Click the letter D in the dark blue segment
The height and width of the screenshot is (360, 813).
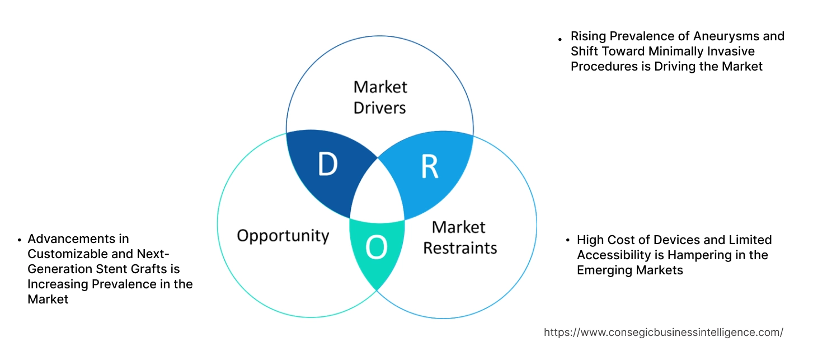(327, 165)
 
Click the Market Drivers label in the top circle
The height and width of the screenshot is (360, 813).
(380, 97)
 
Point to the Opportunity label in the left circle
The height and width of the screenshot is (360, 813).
(283, 235)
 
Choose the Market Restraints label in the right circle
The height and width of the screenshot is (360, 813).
(459, 237)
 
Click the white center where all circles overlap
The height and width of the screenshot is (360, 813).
(378, 194)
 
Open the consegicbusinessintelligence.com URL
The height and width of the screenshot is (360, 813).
(663, 332)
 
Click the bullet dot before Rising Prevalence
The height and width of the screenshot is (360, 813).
(560, 39)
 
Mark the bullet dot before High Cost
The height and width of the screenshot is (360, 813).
(567, 241)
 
